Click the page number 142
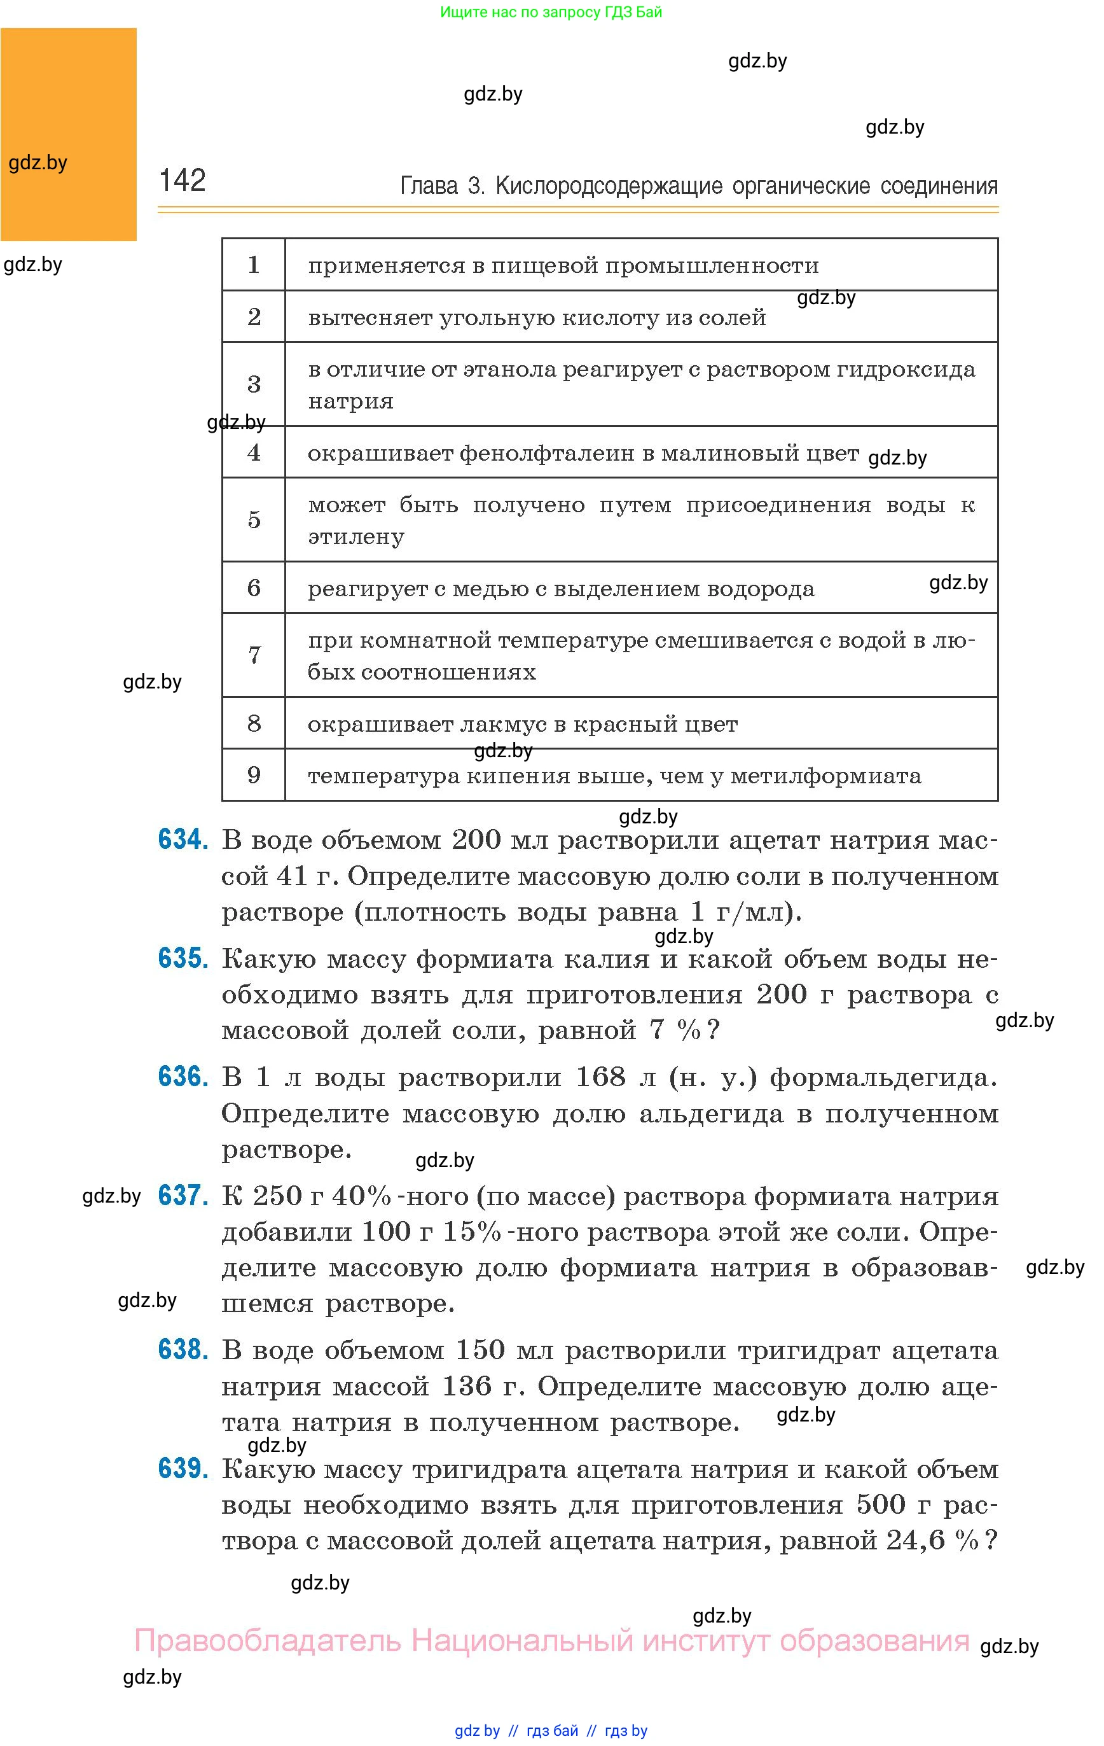click(182, 180)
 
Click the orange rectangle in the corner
click(68, 134)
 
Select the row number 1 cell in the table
click(254, 265)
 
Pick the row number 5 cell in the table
click(254, 519)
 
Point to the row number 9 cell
click(254, 774)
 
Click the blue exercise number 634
click(183, 840)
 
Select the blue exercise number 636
click(183, 1077)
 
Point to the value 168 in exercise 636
click(600, 1077)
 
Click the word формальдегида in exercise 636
click(882, 1078)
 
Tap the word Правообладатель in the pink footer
click(268, 1640)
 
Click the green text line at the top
click(551, 12)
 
